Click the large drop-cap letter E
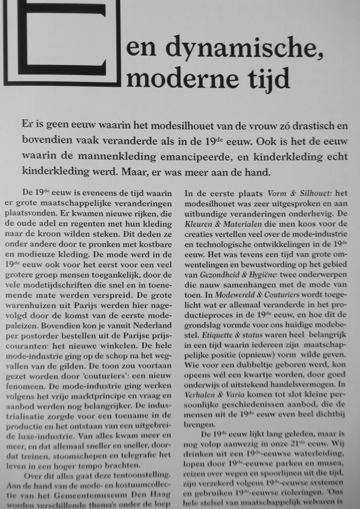61,42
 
